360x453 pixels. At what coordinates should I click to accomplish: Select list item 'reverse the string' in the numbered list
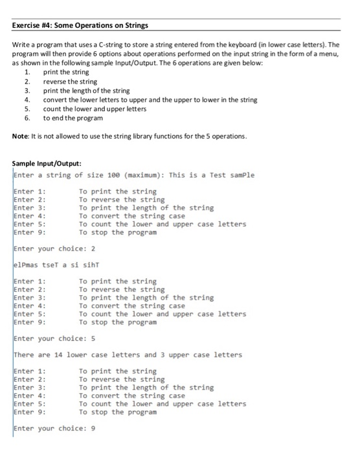point(70,82)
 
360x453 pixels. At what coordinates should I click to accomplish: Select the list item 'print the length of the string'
point(86,91)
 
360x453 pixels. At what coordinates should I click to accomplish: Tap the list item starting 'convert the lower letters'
point(150,100)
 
